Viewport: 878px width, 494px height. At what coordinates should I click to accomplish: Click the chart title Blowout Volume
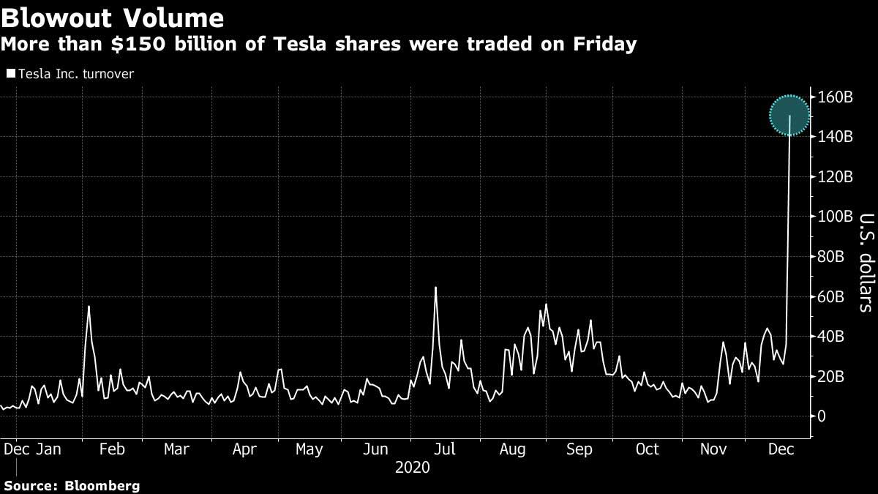[x=113, y=17]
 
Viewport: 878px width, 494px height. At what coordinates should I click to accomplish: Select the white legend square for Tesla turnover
[x=10, y=74]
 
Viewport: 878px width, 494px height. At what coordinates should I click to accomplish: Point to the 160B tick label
[x=835, y=97]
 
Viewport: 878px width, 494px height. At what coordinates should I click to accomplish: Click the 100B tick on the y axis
[x=835, y=217]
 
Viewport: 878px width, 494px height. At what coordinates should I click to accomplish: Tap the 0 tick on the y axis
[x=823, y=416]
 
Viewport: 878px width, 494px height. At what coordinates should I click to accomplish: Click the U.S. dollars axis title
[x=866, y=261]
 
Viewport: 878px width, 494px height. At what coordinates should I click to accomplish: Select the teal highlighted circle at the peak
[x=789, y=116]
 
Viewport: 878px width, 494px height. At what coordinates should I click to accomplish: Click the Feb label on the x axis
[x=111, y=449]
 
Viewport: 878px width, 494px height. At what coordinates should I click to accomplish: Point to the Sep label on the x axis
[x=579, y=449]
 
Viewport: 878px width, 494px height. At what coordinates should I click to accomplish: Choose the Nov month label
[x=713, y=449]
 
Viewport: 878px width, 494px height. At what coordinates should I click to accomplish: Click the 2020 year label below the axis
[x=412, y=467]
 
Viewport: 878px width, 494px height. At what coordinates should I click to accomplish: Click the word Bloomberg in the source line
[x=102, y=485]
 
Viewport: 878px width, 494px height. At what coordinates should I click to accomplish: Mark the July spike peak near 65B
[x=435, y=288]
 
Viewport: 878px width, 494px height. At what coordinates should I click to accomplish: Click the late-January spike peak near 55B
[x=89, y=307]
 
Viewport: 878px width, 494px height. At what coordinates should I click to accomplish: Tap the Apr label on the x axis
[x=244, y=449]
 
